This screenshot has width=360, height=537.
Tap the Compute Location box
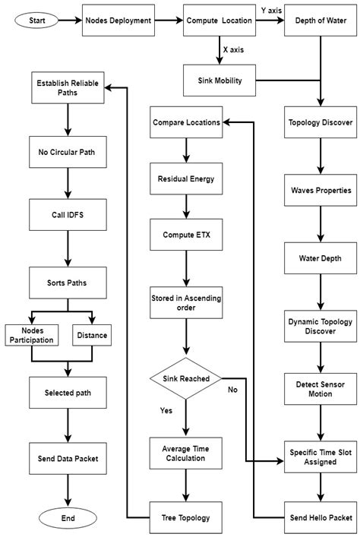pos(218,21)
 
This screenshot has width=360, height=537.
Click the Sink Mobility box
pos(219,78)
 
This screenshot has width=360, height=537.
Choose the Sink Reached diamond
pos(186,377)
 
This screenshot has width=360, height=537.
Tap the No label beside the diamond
pos(233,390)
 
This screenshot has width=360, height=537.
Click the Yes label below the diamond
pos(165,411)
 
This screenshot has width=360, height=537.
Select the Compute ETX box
pos(186,235)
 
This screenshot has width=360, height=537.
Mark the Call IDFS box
pos(68,215)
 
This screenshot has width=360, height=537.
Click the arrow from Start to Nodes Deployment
pos(72,21)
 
